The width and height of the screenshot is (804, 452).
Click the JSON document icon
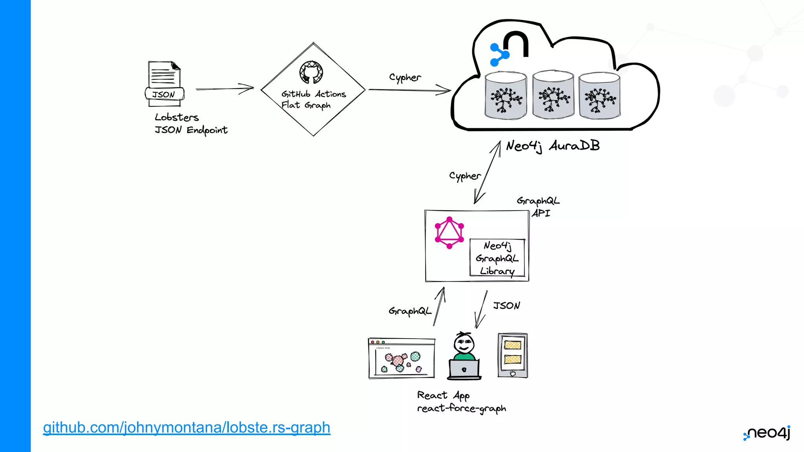click(x=164, y=83)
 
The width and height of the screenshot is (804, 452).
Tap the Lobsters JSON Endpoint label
click(x=190, y=124)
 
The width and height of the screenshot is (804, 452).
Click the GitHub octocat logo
click(x=311, y=72)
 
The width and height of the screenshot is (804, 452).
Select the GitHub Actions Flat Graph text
click(x=313, y=100)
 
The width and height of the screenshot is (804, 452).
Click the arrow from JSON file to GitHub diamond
click(x=225, y=89)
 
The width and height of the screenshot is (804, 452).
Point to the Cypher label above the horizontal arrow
click(x=405, y=77)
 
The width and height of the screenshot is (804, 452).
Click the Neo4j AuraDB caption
click(x=552, y=146)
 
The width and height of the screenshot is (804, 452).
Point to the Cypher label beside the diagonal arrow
click(x=464, y=176)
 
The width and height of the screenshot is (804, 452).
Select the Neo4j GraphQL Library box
click(x=497, y=258)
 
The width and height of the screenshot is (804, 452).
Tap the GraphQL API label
click(x=538, y=206)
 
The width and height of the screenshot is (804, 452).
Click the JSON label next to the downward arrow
click(x=506, y=305)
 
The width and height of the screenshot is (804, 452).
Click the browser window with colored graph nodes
click(x=402, y=358)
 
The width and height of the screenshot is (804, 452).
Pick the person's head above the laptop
click(x=464, y=343)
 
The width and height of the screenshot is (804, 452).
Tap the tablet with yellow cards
click(x=512, y=355)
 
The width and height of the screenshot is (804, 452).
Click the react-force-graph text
click(x=461, y=408)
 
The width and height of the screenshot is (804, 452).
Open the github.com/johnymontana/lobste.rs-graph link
click(x=186, y=427)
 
